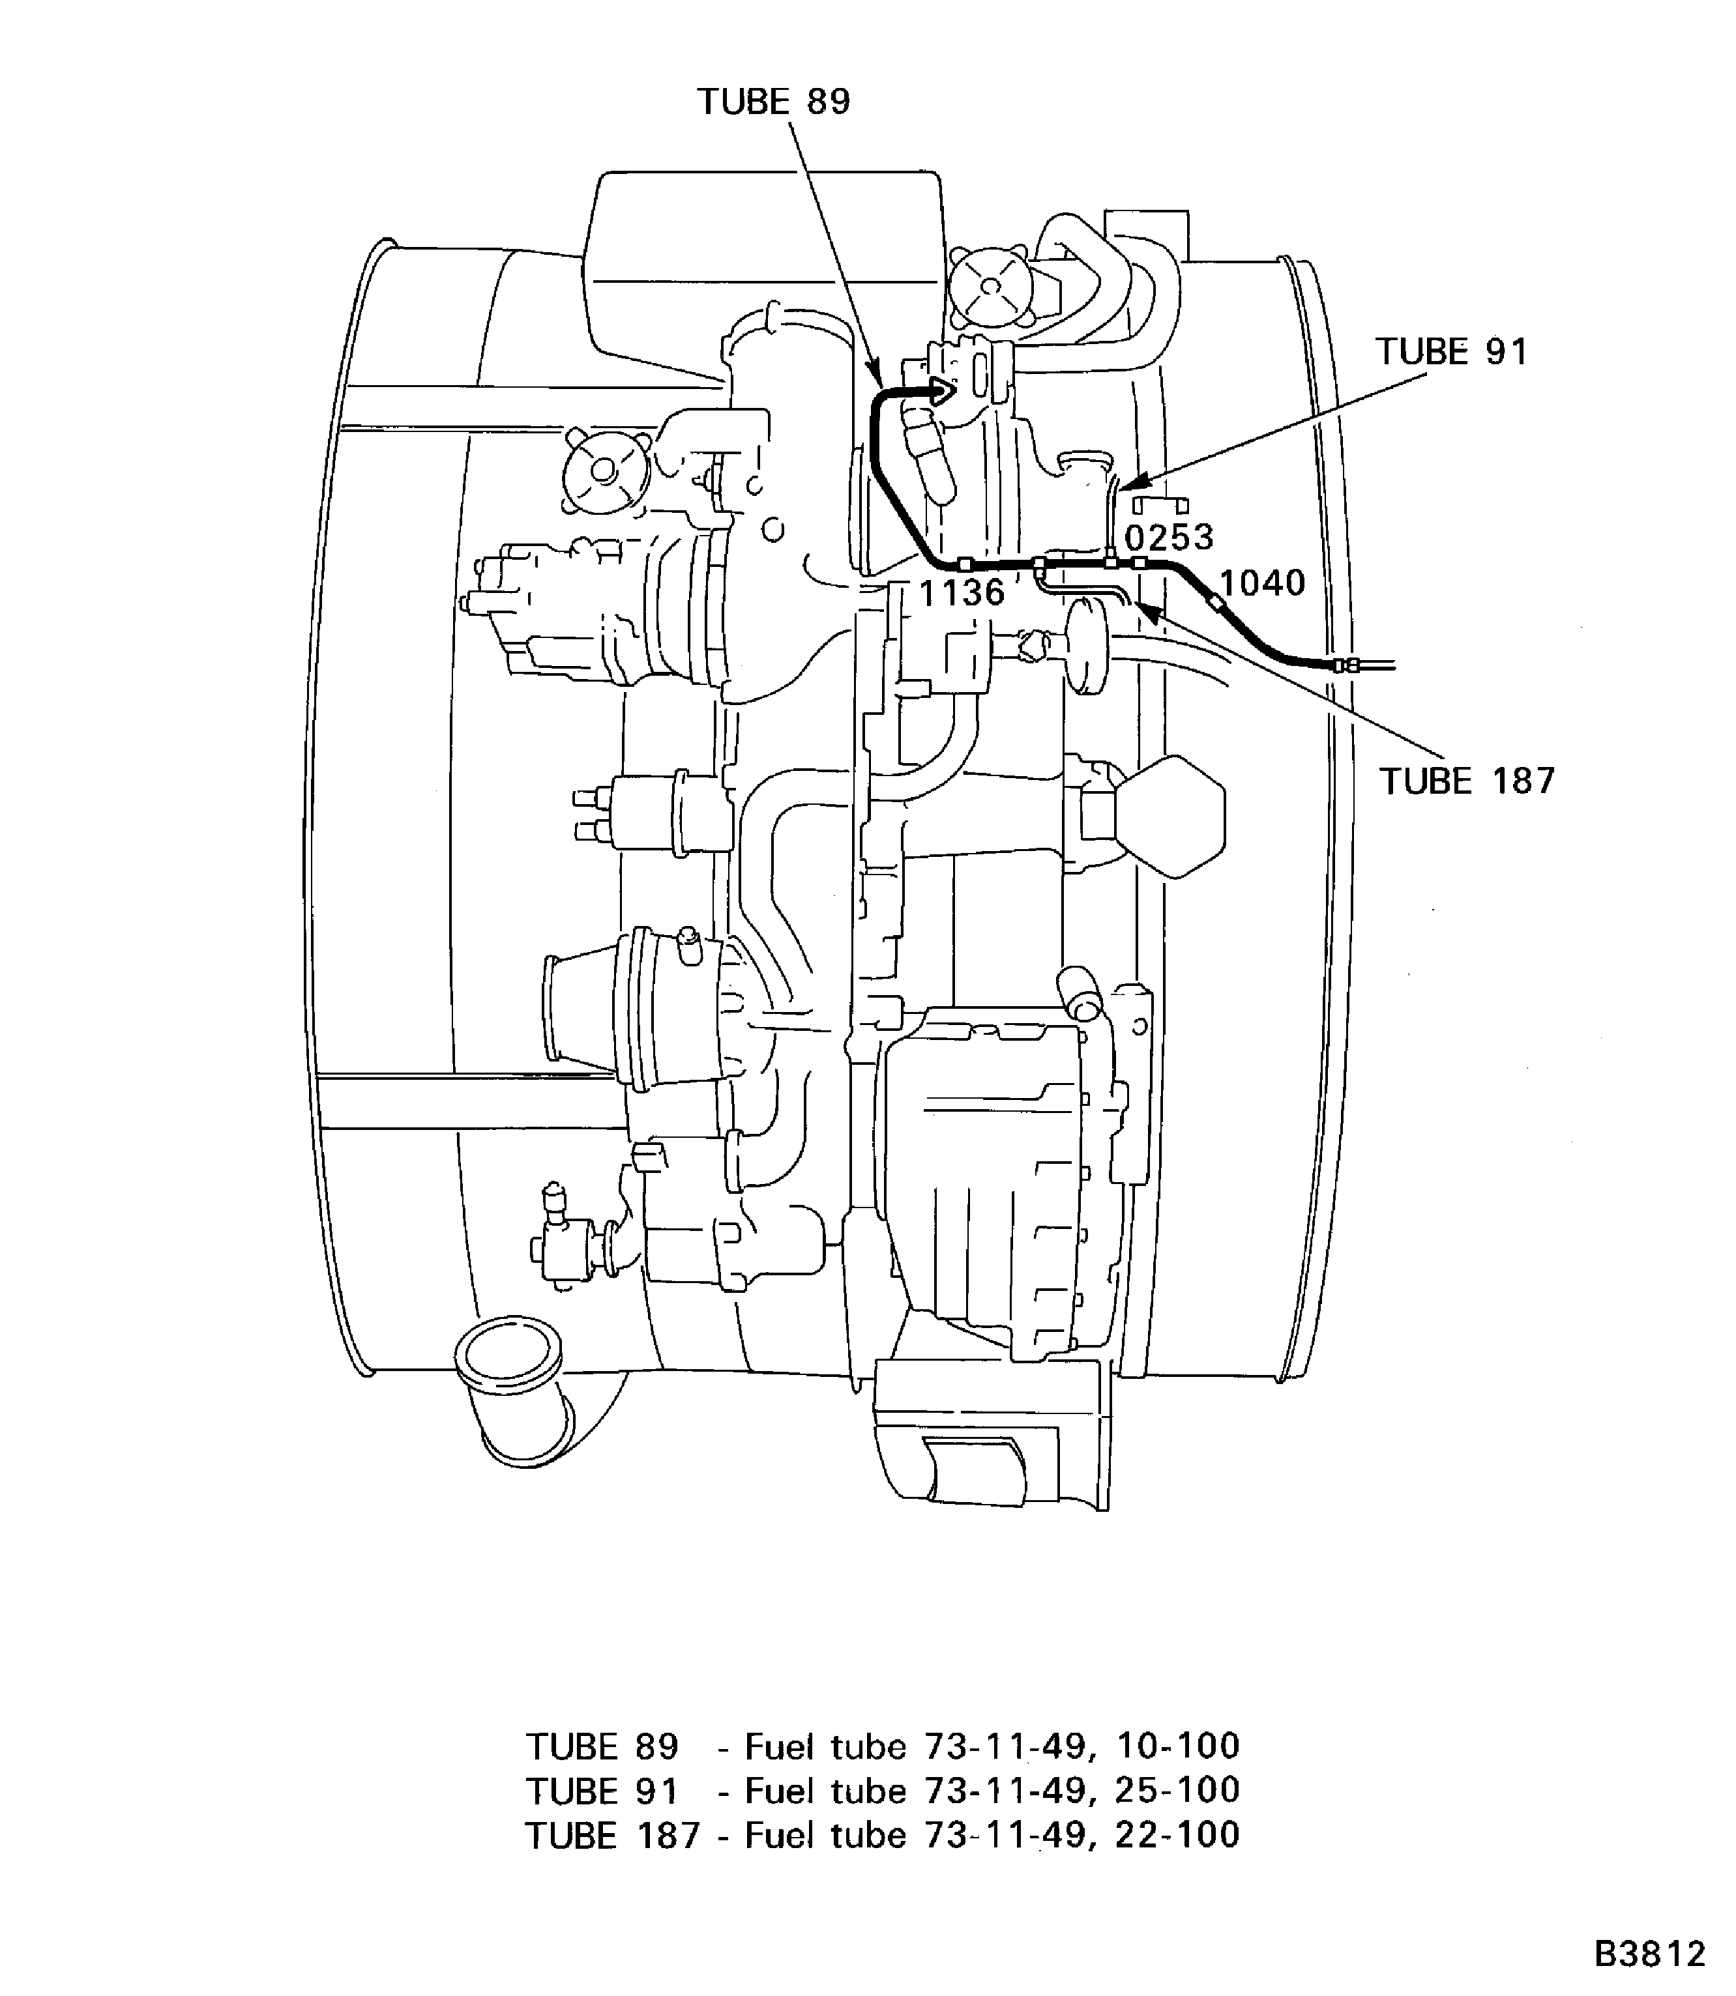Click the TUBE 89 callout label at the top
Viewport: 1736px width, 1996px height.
click(773, 102)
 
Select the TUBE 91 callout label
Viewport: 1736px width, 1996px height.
click(1450, 351)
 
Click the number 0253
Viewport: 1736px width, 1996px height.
click(1168, 538)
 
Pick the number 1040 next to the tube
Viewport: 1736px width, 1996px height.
click(1261, 583)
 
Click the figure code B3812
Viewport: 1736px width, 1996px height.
click(1649, 1954)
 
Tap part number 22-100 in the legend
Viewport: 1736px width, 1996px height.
click(1177, 1834)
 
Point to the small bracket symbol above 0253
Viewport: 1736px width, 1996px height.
click(1160, 504)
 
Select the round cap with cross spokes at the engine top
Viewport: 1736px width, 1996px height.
click(989, 285)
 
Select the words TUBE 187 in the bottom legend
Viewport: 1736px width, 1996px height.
click(611, 1834)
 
